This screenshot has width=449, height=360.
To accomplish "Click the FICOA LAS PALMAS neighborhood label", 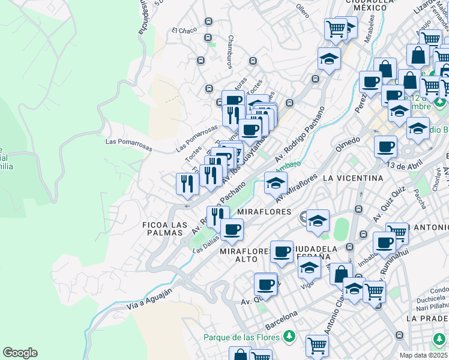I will pos(164,229).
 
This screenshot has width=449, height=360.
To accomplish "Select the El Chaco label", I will pos(184,31).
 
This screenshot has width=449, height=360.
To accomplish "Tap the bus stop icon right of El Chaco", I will pos(208,22).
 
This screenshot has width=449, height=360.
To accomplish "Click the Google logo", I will pos(20,353).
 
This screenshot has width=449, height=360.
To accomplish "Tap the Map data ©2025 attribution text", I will pos(424,355).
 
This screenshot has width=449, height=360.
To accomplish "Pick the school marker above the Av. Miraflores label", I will pos(276,183).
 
